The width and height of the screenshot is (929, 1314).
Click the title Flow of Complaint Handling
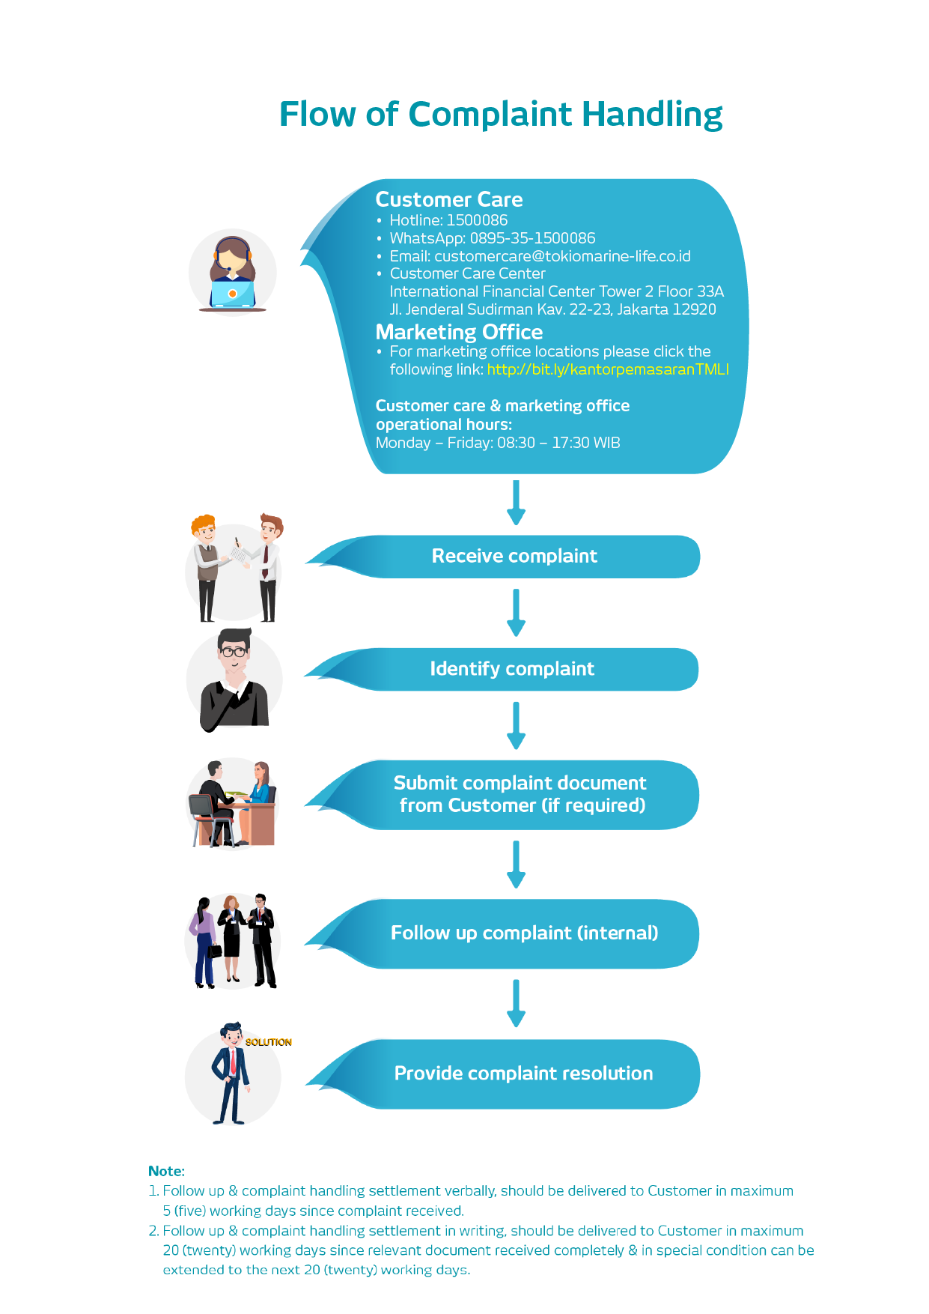501,115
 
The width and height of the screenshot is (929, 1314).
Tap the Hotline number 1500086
477,220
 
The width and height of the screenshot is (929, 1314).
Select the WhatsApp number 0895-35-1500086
532,238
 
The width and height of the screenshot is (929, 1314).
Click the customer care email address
562,256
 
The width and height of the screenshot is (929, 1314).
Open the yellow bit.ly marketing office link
608,369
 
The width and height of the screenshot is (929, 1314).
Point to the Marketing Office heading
459,332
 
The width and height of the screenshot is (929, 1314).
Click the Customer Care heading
449,199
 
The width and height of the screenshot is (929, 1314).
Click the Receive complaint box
503,557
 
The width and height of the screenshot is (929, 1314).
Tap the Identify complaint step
502,669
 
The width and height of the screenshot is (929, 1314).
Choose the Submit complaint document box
502,795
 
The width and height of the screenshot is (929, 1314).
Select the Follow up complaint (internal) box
502,933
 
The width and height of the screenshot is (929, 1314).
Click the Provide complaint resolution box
503,1074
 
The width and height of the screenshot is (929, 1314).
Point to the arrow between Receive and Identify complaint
516,613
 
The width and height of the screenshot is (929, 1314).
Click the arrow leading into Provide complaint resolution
516,1003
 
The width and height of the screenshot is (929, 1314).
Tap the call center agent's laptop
233,293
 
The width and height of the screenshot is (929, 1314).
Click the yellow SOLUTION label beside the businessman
269,1042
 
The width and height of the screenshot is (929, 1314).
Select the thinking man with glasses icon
234,679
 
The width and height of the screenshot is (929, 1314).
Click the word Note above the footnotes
165,1171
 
